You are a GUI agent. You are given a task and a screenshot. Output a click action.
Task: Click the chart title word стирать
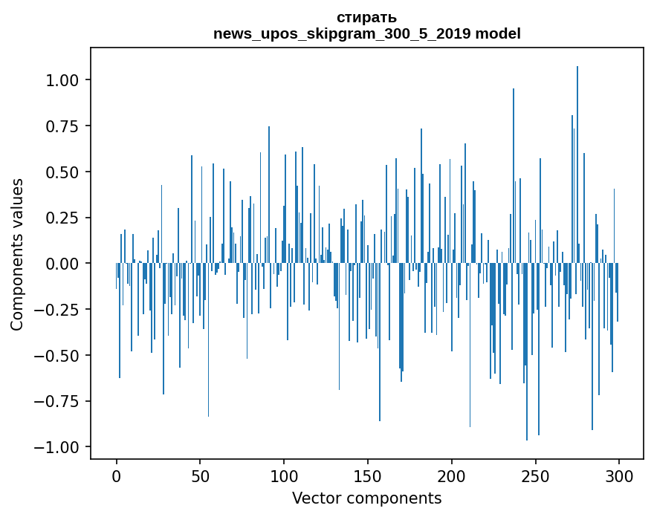pyautogui.click(x=366, y=17)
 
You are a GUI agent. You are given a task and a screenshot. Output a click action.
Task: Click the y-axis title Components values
pyautogui.click(x=16, y=254)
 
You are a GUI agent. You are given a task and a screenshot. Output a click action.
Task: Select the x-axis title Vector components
pyautogui.click(x=366, y=498)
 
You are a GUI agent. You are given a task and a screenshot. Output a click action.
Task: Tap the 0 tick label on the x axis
pyautogui.click(x=117, y=477)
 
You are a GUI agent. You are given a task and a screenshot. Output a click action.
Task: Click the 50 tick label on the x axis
pyautogui.click(x=200, y=477)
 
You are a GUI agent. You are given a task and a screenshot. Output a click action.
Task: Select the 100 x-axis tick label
pyautogui.click(x=284, y=477)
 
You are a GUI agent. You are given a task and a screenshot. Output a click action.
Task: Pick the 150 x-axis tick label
pyautogui.click(x=368, y=477)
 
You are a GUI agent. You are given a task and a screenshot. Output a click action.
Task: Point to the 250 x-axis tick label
pyautogui.click(x=535, y=477)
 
